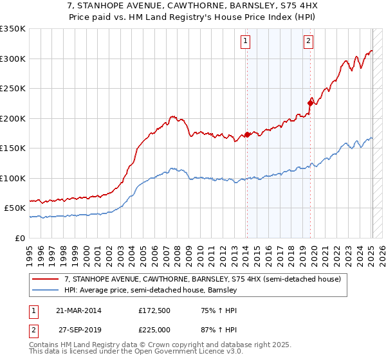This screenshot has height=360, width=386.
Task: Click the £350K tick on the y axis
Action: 13,29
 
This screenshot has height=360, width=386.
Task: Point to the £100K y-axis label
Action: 13,178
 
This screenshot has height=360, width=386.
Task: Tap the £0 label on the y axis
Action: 19,238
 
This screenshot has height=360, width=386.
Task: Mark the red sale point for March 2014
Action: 247,135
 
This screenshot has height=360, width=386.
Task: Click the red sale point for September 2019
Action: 310,102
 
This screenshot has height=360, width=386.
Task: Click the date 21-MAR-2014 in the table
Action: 78,310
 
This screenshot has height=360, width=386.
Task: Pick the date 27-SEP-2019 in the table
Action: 78,330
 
